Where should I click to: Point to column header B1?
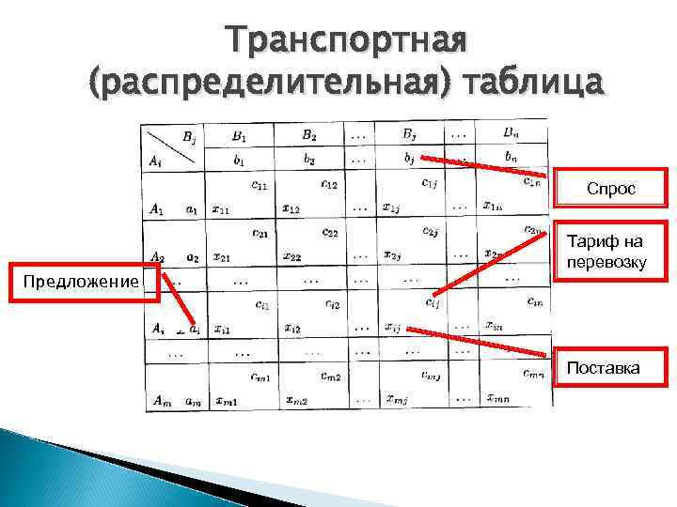(x=239, y=135)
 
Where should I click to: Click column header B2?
(x=308, y=135)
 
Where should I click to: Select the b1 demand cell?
(x=239, y=160)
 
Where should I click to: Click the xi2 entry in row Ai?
(x=292, y=329)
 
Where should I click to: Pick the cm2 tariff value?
(x=330, y=376)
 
